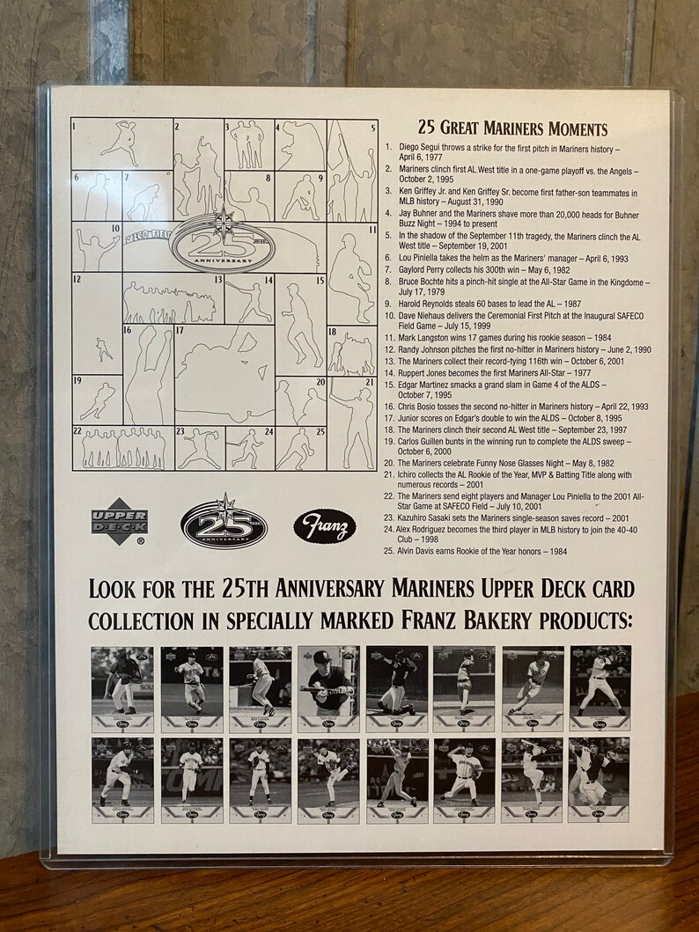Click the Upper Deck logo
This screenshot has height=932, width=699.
(120, 526)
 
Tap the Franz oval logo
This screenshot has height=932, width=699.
(325, 527)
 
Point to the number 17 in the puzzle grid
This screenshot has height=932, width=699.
(180, 332)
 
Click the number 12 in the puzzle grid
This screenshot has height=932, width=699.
(77, 279)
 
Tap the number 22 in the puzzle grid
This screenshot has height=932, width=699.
(77, 431)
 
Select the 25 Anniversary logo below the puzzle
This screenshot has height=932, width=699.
(224, 525)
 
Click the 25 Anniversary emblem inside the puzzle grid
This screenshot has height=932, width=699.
(224, 245)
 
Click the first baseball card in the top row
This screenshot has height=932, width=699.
(122, 689)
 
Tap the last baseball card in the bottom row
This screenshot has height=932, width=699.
(599, 781)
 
